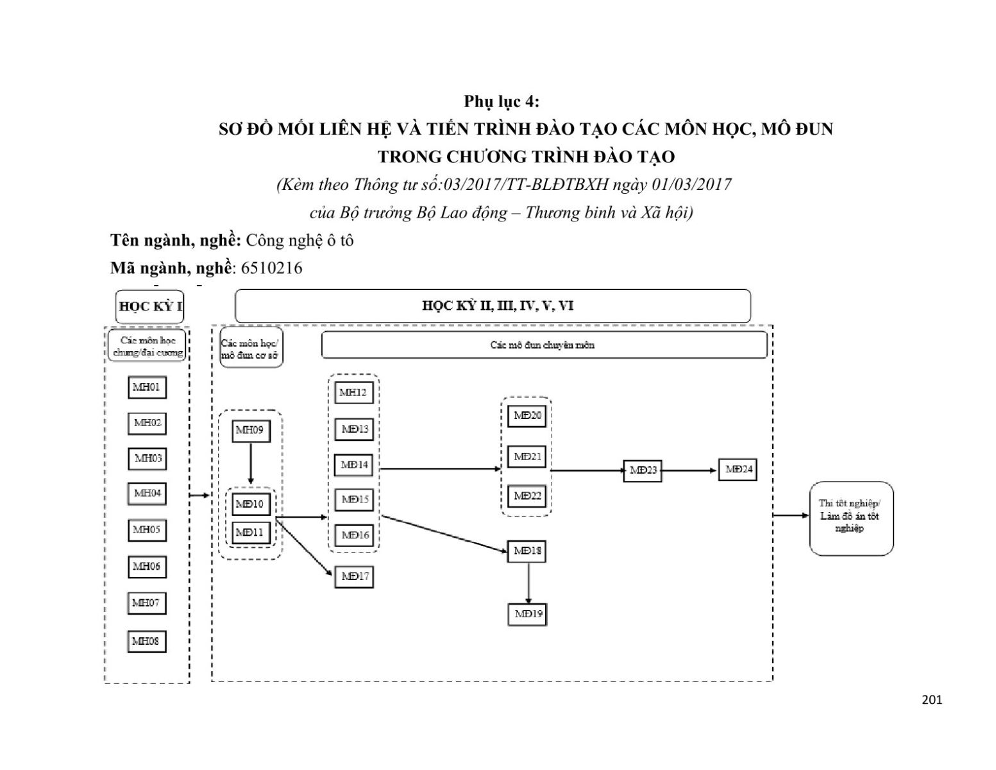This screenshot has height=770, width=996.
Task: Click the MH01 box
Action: click(x=147, y=388)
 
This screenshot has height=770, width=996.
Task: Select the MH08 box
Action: click(x=147, y=641)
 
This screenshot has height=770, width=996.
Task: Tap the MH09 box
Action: click(x=250, y=431)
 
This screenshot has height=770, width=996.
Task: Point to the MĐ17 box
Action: click(x=354, y=576)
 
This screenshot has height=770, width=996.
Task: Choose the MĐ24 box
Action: click(x=738, y=470)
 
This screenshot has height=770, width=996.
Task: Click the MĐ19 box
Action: click(x=527, y=614)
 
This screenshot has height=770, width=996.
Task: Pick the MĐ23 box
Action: click(x=643, y=470)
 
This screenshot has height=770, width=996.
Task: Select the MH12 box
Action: click(x=353, y=393)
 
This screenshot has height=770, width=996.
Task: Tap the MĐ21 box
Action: click(x=527, y=457)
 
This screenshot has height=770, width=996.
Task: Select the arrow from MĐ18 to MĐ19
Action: click(x=528, y=583)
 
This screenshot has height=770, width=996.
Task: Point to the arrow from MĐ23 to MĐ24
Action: click(x=689, y=470)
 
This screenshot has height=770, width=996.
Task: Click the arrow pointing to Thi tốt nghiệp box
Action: click(x=791, y=515)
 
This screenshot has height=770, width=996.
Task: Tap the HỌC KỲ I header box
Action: click(x=150, y=306)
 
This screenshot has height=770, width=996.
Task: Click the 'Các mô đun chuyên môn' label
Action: click(x=543, y=345)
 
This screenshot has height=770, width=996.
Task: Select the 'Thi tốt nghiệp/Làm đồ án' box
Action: click(x=850, y=517)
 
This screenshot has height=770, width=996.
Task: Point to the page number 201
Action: click(x=931, y=700)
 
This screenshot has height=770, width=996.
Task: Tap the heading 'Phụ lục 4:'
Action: click(x=502, y=101)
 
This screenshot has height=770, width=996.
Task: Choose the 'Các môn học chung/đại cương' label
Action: click(x=147, y=346)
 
